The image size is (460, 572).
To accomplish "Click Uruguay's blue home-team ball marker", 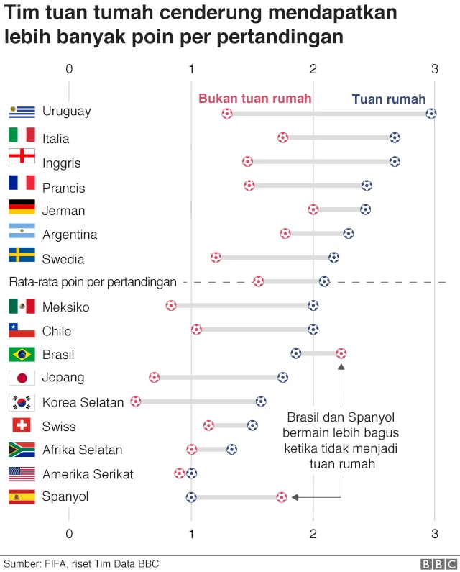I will [x=431, y=113].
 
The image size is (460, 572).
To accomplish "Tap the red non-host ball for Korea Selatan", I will [x=136, y=401].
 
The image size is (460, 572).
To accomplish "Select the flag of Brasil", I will [x=22, y=354].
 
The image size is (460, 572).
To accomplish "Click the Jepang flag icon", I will [x=22, y=378].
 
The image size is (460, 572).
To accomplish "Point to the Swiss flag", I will [x=22, y=425].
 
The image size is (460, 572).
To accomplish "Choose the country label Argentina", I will [x=70, y=235].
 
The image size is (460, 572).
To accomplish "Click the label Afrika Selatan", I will [x=83, y=450].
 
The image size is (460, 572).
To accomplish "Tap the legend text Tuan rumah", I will [x=389, y=99].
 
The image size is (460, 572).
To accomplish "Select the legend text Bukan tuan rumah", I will [x=255, y=99].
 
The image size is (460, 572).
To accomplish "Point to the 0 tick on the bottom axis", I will [x=69, y=533].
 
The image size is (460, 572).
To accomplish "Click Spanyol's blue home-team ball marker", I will [x=191, y=496].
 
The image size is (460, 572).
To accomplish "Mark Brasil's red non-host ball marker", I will [x=341, y=353].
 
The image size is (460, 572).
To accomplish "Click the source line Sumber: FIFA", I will [x=81, y=563].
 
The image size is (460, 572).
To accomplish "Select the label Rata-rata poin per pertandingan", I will [x=93, y=282].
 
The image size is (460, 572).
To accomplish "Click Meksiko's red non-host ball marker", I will [x=171, y=306].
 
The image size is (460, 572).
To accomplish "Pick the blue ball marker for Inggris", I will [x=395, y=161].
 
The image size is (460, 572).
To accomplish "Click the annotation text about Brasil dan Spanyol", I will [x=342, y=440].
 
